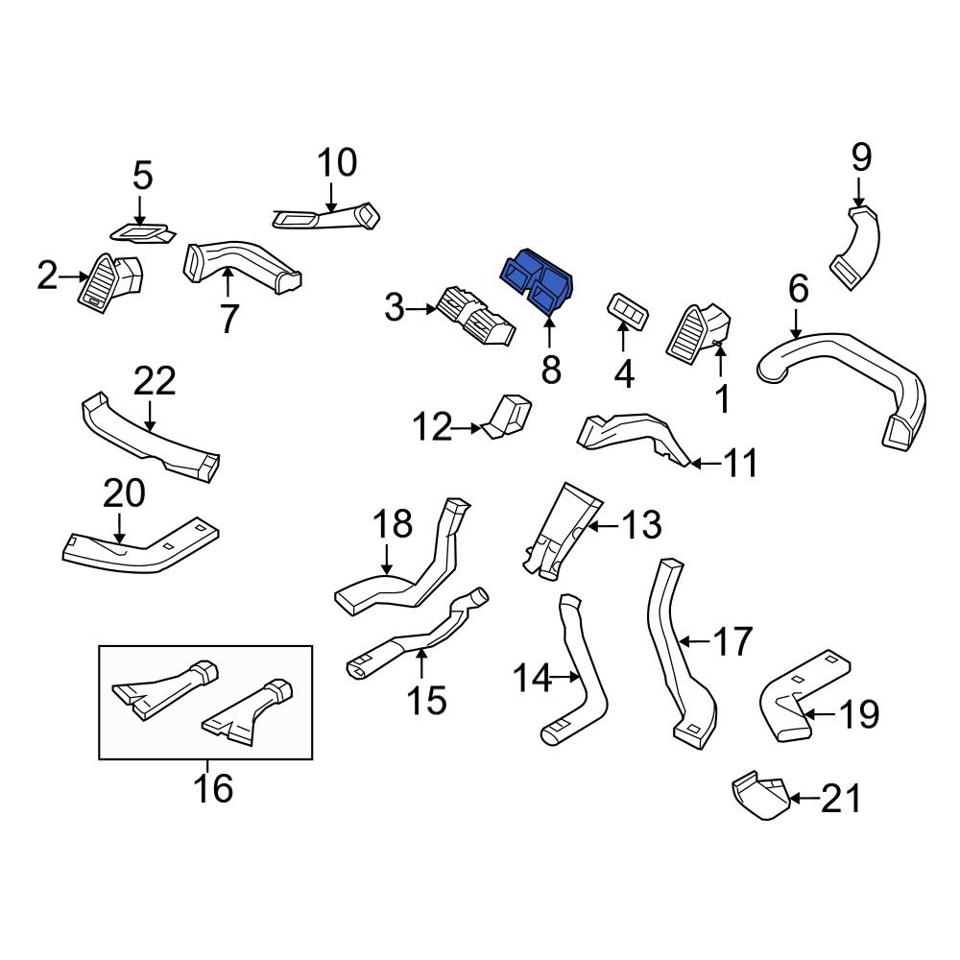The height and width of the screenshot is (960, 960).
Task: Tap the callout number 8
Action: coord(550,369)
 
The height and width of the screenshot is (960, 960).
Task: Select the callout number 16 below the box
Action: coord(212,788)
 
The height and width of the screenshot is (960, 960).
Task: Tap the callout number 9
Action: coord(861,156)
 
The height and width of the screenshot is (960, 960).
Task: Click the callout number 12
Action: coord(432,426)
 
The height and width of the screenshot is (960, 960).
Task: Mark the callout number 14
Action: coord(531,680)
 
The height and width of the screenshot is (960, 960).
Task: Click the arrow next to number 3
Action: coord(421,308)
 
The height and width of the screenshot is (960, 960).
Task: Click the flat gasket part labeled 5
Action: coord(142,231)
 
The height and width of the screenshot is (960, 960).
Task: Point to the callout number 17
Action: coord(732,640)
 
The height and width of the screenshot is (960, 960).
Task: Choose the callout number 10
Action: coord(337,162)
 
